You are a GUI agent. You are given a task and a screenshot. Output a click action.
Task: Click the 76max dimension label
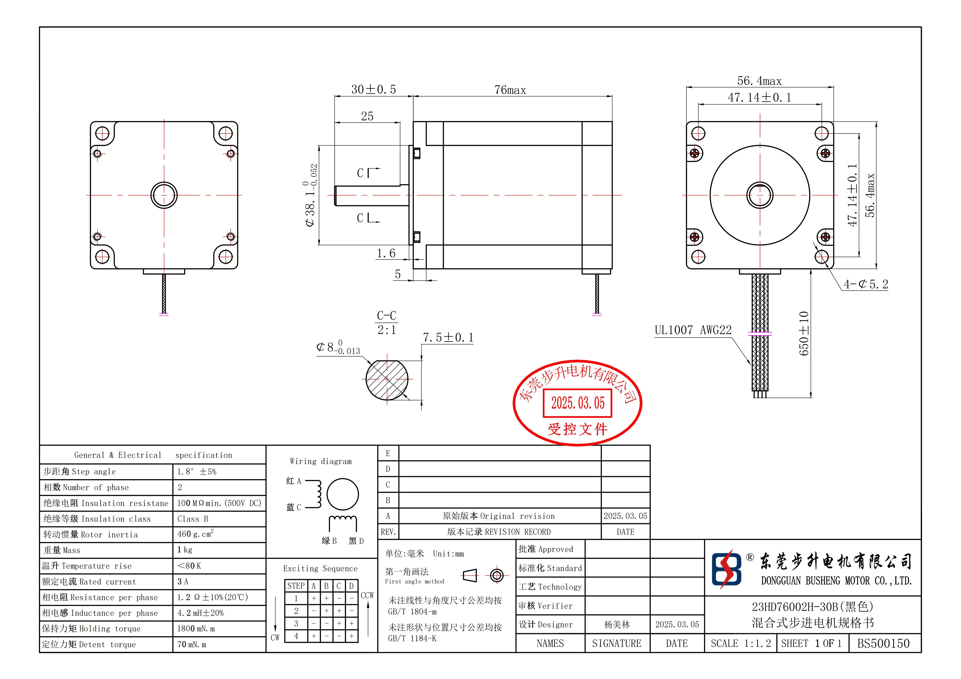510,90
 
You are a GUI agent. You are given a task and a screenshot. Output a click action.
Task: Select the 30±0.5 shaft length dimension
373,89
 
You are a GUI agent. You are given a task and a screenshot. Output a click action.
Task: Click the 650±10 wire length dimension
804,334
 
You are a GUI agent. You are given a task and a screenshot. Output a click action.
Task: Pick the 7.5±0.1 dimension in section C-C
448,337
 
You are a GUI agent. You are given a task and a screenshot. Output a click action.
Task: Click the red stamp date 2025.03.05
578,403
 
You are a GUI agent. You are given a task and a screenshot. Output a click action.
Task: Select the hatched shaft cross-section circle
387,380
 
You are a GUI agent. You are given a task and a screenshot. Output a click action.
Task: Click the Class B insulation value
193,519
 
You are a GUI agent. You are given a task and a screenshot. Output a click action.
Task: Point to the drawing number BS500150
883,643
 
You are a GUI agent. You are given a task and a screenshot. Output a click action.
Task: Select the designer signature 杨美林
617,625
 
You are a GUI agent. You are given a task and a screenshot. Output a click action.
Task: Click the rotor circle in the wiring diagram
342,494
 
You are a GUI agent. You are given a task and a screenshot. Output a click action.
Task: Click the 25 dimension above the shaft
367,116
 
